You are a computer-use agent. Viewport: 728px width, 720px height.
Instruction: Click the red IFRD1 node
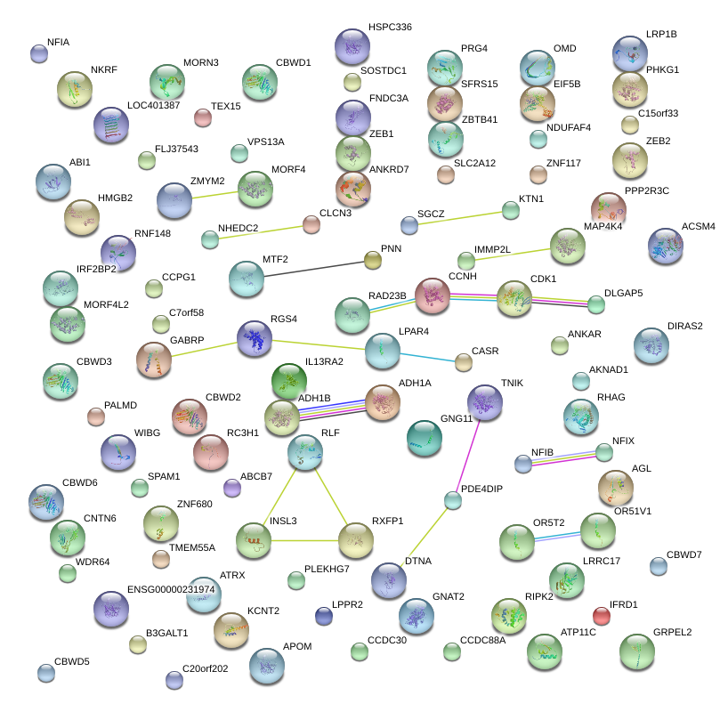click(x=602, y=615)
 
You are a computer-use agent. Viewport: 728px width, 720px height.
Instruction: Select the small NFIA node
click(x=38, y=53)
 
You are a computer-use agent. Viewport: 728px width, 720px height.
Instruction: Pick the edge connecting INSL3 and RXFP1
click(x=304, y=539)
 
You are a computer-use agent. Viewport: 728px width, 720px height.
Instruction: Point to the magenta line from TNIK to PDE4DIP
click(x=469, y=452)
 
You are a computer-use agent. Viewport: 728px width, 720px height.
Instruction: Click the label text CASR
click(x=485, y=352)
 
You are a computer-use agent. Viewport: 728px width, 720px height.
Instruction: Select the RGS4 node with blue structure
click(x=255, y=338)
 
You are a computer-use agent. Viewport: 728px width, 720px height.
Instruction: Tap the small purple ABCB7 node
click(x=231, y=488)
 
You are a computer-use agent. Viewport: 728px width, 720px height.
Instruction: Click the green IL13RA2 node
click(x=288, y=381)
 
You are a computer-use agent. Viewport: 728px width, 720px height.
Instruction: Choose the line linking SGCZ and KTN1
click(x=459, y=217)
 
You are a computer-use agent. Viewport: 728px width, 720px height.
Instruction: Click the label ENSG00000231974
click(x=172, y=589)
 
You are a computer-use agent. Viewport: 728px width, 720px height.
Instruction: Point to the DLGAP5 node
click(x=596, y=304)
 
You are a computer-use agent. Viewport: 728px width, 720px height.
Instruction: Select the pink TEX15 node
click(x=203, y=117)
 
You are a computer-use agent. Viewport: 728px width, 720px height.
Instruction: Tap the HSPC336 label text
click(x=390, y=28)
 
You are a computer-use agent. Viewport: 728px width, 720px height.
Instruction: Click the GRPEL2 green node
click(x=636, y=652)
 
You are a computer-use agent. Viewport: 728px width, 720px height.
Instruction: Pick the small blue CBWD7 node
click(x=658, y=565)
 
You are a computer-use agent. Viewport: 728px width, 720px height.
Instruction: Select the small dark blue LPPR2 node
click(x=324, y=615)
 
